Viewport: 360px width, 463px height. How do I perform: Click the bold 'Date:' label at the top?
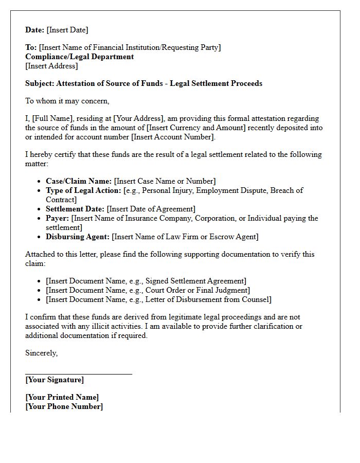[x=35, y=30]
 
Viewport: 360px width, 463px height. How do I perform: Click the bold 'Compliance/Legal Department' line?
[x=79, y=57]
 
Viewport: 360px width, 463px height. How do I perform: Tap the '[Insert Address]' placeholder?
[x=51, y=66]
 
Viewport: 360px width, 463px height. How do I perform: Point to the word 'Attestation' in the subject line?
[x=77, y=83]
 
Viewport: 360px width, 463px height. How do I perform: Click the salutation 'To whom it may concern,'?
[x=67, y=101]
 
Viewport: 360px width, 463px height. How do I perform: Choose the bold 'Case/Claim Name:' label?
[x=79, y=181]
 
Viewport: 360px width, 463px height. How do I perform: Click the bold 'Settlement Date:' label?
[x=75, y=209]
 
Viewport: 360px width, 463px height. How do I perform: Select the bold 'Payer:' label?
[x=58, y=218]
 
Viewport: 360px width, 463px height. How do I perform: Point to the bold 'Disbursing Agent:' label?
[x=78, y=237]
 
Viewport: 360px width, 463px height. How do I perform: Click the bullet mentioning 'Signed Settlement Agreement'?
[x=146, y=281]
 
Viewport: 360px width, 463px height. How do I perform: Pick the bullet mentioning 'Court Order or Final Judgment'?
[x=148, y=290]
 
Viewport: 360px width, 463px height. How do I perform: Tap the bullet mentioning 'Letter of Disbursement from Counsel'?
[x=158, y=299]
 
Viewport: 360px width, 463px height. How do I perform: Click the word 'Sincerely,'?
[x=42, y=353]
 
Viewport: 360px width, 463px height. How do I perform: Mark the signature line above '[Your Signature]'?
[x=79, y=374]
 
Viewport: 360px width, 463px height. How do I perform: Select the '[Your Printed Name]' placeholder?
[x=62, y=397]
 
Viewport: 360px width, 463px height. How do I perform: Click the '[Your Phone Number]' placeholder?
[x=64, y=406]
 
